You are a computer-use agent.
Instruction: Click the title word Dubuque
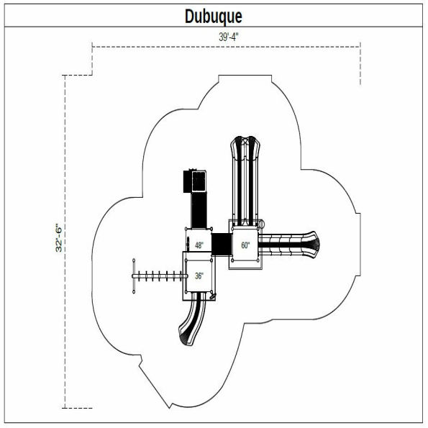(214, 16)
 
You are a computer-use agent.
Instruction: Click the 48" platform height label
(199, 245)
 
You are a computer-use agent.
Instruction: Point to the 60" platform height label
(245, 245)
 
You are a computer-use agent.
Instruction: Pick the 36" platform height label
(199, 275)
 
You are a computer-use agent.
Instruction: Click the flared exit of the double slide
(245, 147)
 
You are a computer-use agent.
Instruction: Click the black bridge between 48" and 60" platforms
(221, 243)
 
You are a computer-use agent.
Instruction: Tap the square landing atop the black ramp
(196, 180)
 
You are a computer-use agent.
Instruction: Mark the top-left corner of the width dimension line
(93, 47)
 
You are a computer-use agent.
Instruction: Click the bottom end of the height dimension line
(65, 408)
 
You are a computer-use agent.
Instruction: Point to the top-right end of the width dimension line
(360, 47)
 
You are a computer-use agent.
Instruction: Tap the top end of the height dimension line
(65, 75)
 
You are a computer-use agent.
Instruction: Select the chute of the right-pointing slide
(284, 244)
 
